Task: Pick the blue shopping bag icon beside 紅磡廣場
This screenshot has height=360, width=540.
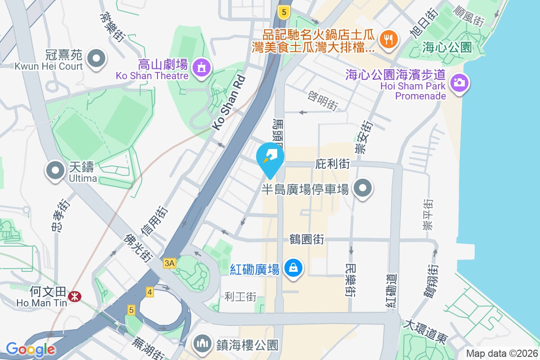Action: (x=293, y=269)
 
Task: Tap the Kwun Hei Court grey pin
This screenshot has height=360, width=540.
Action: (x=96, y=59)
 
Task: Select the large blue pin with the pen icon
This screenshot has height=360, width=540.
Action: (x=270, y=157)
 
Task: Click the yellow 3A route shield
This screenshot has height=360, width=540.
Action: (x=169, y=263)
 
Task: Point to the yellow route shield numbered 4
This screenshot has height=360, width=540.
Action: (x=150, y=292)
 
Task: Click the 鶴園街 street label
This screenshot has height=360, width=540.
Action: (x=307, y=239)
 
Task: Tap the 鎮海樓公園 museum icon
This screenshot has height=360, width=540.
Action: (x=202, y=344)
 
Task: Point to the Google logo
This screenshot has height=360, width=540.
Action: (x=30, y=349)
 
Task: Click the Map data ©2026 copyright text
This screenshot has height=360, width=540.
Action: (x=501, y=354)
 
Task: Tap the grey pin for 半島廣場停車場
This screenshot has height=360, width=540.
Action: (x=363, y=189)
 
